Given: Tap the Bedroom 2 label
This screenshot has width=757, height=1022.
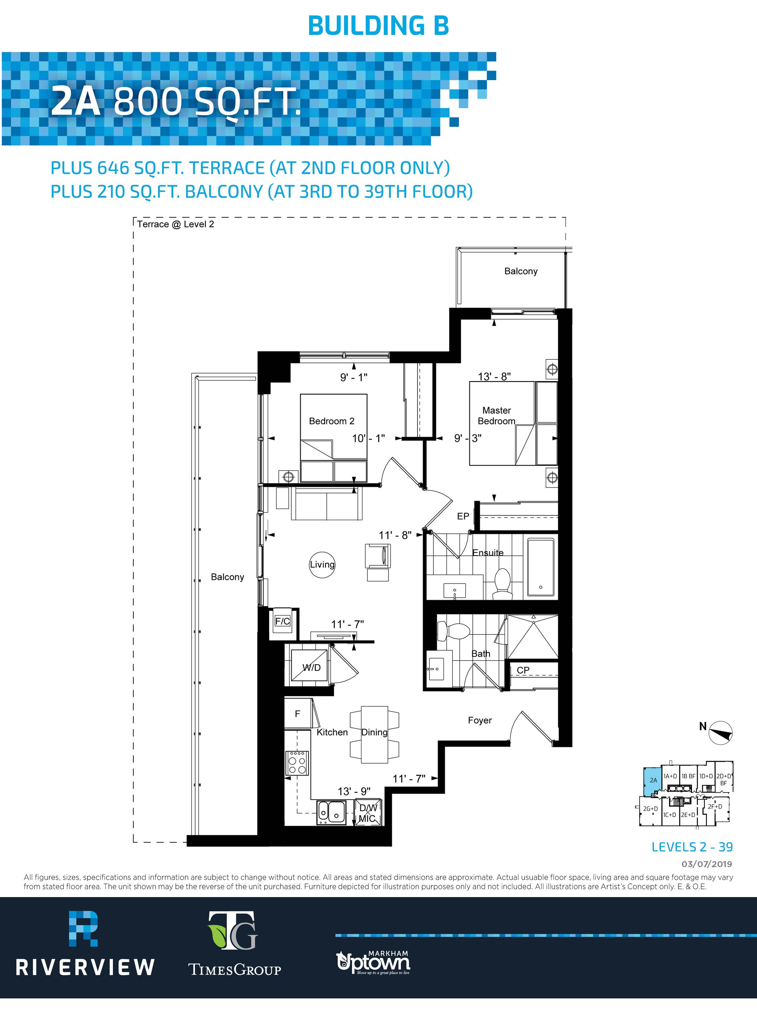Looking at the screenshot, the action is pos(331,421).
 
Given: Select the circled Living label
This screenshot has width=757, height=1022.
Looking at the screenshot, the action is pos(322,565).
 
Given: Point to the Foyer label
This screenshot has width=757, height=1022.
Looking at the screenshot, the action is pos(480,720).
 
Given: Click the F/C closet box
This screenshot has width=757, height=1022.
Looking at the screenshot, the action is pos(282,624).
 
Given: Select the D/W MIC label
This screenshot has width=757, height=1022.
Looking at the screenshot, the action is pos(367,813).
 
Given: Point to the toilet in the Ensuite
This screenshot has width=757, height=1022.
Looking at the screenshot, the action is pos(503,584).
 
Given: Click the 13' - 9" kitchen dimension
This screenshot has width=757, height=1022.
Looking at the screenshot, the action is pos(354,791).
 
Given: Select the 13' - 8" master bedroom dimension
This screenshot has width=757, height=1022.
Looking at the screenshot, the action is pos(494,376).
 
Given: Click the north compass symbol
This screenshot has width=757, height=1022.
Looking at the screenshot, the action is pos(721,732).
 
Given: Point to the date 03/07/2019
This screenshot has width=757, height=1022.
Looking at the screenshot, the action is pos(707,864).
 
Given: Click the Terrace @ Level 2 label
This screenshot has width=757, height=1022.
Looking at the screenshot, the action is pos(175,224).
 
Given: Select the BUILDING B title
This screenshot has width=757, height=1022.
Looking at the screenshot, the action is pos(378,26).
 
